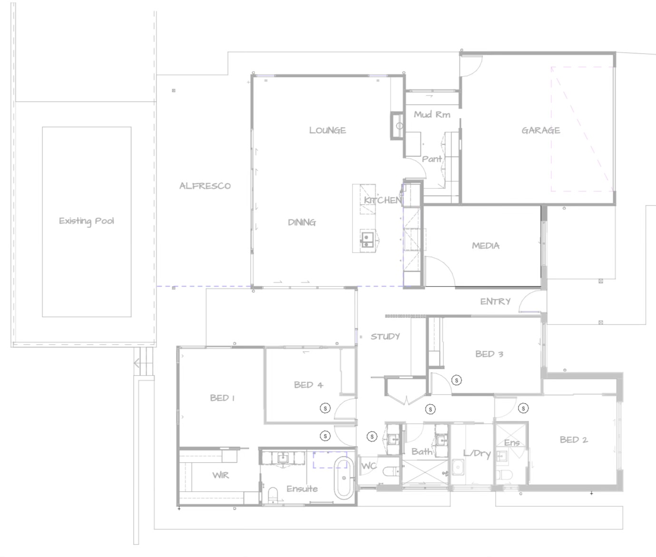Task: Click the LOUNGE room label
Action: click(x=327, y=130)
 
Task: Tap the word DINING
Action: click(x=302, y=222)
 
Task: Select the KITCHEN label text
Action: click(x=382, y=200)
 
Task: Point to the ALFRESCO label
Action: click(x=205, y=186)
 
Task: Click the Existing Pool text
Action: click(x=87, y=221)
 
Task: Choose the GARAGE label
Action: click(x=540, y=130)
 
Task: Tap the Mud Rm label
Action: click(x=431, y=114)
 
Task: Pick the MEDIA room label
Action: click(x=485, y=246)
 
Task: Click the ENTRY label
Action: click(x=495, y=301)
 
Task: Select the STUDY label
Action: click(x=385, y=337)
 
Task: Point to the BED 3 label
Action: click(x=489, y=354)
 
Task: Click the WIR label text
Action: click(x=220, y=475)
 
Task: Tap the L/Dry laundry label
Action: click(x=477, y=453)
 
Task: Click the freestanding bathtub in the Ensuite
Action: click(x=343, y=477)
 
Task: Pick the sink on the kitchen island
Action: click(x=367, y=239)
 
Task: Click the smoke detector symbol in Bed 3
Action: click(x=457, y=380)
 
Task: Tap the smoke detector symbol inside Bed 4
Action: click(x=325, y=408)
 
